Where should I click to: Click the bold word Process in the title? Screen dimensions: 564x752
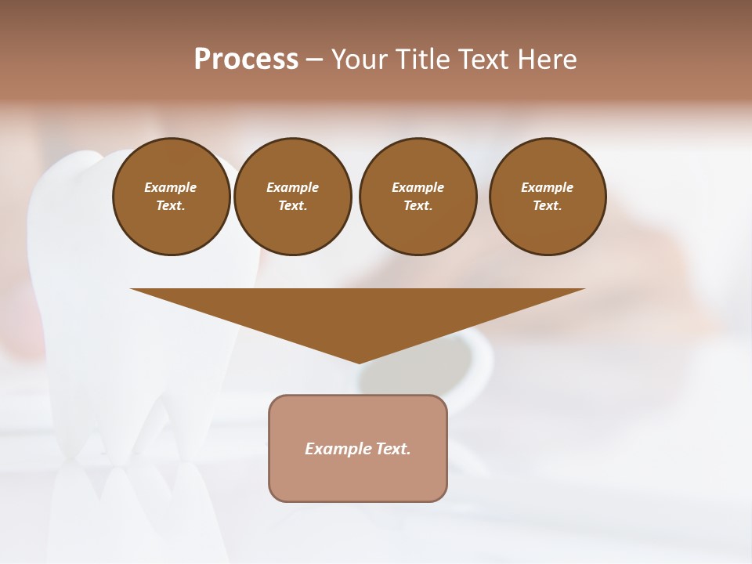pos(246,60)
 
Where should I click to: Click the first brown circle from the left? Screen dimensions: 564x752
pos(171,197)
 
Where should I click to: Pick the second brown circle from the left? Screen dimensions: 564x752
pos(292,197)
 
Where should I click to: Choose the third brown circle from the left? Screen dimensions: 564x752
pos(418,197)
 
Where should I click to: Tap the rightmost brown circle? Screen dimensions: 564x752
pos(547,197)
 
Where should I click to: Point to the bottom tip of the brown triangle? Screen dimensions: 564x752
pos(358,362)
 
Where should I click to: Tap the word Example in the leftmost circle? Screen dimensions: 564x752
pos(171,187)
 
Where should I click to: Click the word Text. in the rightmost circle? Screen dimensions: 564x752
pos(547,206)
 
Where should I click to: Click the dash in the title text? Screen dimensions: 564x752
pos(314,60)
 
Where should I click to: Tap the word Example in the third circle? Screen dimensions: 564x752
pos(418,187)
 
